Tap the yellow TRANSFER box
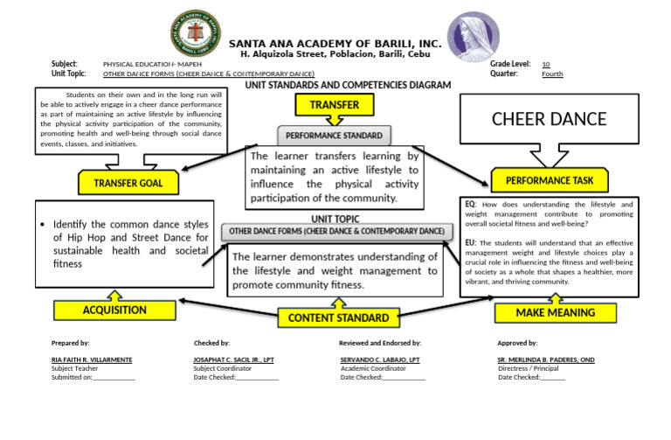click(328, 106)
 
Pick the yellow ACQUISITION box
click(114, 310)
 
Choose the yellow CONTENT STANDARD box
click(338, 318)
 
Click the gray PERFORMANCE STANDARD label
click(334, 136)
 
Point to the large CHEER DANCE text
click(549, 118)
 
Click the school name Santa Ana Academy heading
click(335, 44)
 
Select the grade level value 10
click(545, 65)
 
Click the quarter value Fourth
click(552, 74)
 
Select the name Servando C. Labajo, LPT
click(380, 360)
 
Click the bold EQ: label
click(471, 204)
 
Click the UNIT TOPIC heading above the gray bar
click(335, 219)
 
